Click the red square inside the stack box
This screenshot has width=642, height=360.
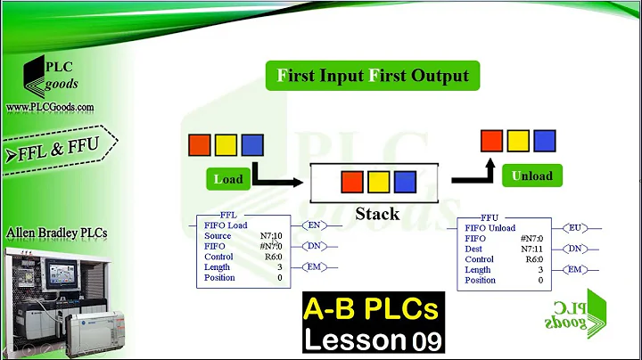(x=352, y=183)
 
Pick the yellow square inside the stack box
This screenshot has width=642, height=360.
(x=379, y=183)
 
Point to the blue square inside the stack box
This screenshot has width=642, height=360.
(x=406, y=183)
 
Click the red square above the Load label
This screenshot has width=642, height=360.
(x=199, y=144)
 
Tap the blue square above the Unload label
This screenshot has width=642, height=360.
(x=545, y=141)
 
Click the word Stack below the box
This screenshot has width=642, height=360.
(x=376, y=214)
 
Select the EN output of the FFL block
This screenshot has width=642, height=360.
(x=315, y=225)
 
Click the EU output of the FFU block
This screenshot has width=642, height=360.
(x=575, y=228)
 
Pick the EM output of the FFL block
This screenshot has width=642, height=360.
(x=315, y=266)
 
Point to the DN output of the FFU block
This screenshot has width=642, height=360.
(x=575, y=249)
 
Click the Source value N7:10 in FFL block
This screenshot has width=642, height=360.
(x=270, y=235)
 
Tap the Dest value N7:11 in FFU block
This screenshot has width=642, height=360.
(x=531, y=249)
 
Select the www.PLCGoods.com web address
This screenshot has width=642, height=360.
(x=50, y=107)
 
